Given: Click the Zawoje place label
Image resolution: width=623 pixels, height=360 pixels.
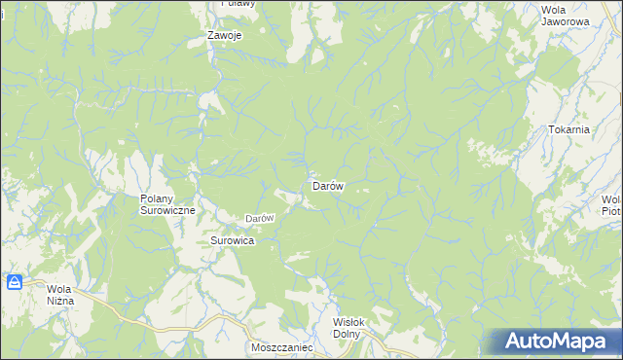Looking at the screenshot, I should click(x=224, y=35).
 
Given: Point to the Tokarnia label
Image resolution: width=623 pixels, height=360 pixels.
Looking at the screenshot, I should click(x=569, y=129).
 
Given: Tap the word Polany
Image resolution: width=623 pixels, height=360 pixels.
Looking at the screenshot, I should click(x=150, y=198).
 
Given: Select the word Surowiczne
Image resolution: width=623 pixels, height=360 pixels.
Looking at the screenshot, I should click(x=168, y=210).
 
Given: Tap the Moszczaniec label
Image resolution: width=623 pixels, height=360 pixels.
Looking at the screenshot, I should click(x=280, y=346).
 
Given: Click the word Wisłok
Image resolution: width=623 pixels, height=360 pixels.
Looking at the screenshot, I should click(x=348, y=322).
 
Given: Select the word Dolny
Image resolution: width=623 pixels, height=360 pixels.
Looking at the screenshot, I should click(x=347, y=334).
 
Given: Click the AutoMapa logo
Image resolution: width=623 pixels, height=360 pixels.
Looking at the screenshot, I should click(x=559, y=342).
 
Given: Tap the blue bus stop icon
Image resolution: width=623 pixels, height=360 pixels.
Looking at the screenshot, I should click(x=15, y=283).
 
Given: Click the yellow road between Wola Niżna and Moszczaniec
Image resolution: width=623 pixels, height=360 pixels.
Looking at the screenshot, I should click(x=146, y=317).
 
